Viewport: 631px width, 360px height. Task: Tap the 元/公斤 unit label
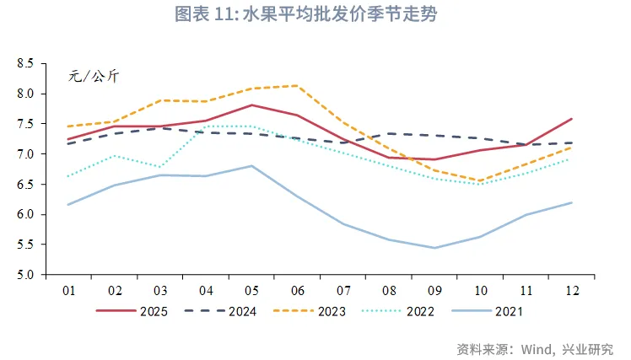tap(94, 77)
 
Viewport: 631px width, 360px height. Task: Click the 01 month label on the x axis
tap(68, 290)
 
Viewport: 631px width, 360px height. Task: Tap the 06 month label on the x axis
tap(297, 290)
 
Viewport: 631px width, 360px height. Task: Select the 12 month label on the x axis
tap(571, 290)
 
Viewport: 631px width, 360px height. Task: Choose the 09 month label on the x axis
tap(434, 290)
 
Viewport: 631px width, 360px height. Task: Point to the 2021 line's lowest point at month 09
tap(434, 248)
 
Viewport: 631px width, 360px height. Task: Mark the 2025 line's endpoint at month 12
tap(571, 119)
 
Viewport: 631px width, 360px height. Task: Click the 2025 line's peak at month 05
tap(251, 105)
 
